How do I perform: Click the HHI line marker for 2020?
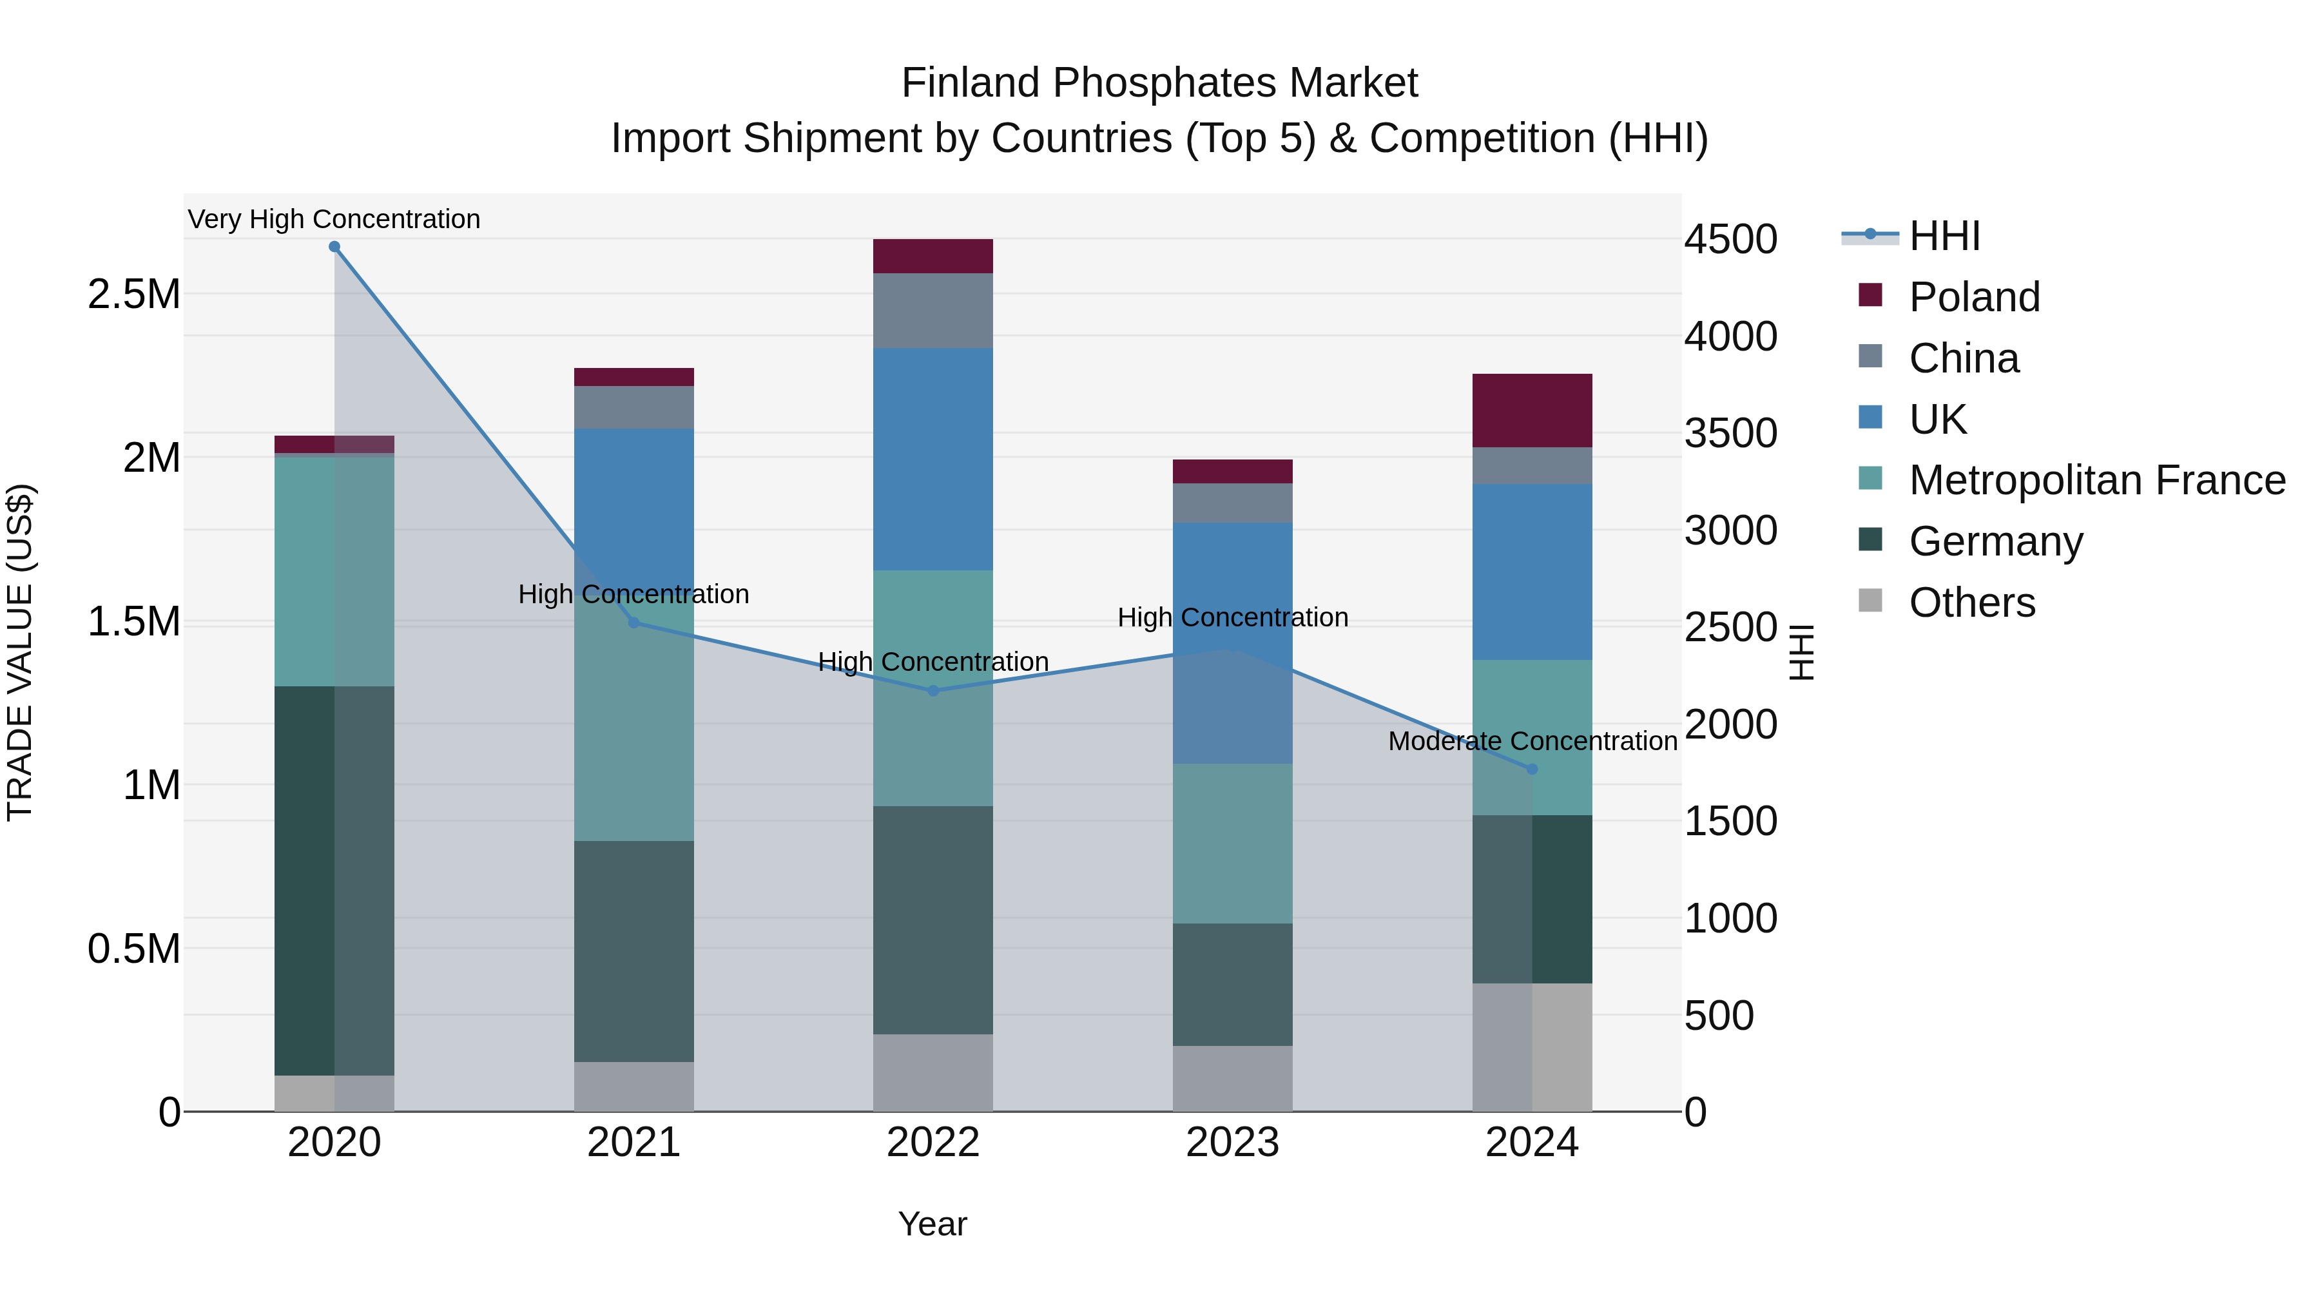coord(334,247)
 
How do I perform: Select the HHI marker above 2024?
coord(1532,769)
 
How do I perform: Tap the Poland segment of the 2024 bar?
coord(1532,411)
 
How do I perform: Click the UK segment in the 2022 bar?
coord(933,459)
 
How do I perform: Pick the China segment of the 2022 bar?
coord(933,311)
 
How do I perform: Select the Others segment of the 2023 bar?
coord(1232,1078)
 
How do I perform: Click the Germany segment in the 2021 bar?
coord(634,951)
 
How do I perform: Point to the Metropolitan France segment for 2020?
coord(334,572)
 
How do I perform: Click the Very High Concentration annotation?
coord(334,219)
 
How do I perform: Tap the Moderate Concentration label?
coord(1532,741)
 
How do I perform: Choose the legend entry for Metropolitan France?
coord(2096,480)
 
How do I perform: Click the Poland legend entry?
coord(1974,297)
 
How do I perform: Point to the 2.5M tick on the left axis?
coord(133,295)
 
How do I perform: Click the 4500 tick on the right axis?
coord(1730,240)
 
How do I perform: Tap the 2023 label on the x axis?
coord(1232,1143)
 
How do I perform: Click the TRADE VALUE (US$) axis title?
coord(20,652)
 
